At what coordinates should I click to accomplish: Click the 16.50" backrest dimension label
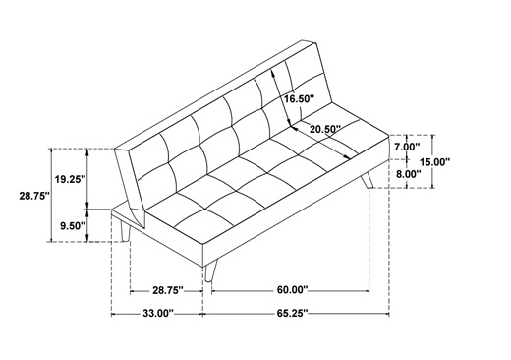(x=299, y=98)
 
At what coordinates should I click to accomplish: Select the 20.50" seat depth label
(x=325, y=129)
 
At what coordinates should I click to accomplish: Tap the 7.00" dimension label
(x=407, y=147)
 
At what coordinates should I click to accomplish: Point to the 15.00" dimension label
(x=435, y=161)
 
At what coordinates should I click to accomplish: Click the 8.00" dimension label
(x=408, y=174)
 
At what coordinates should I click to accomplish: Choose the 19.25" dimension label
(x=71, y=179)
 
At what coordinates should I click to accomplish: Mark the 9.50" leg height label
(x=73, y=226)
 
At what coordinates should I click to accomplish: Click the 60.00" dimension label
(x=293, y=290)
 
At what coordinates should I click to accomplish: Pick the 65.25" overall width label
(x=293, y=313)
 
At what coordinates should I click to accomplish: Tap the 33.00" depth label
(x=157, y=313)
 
